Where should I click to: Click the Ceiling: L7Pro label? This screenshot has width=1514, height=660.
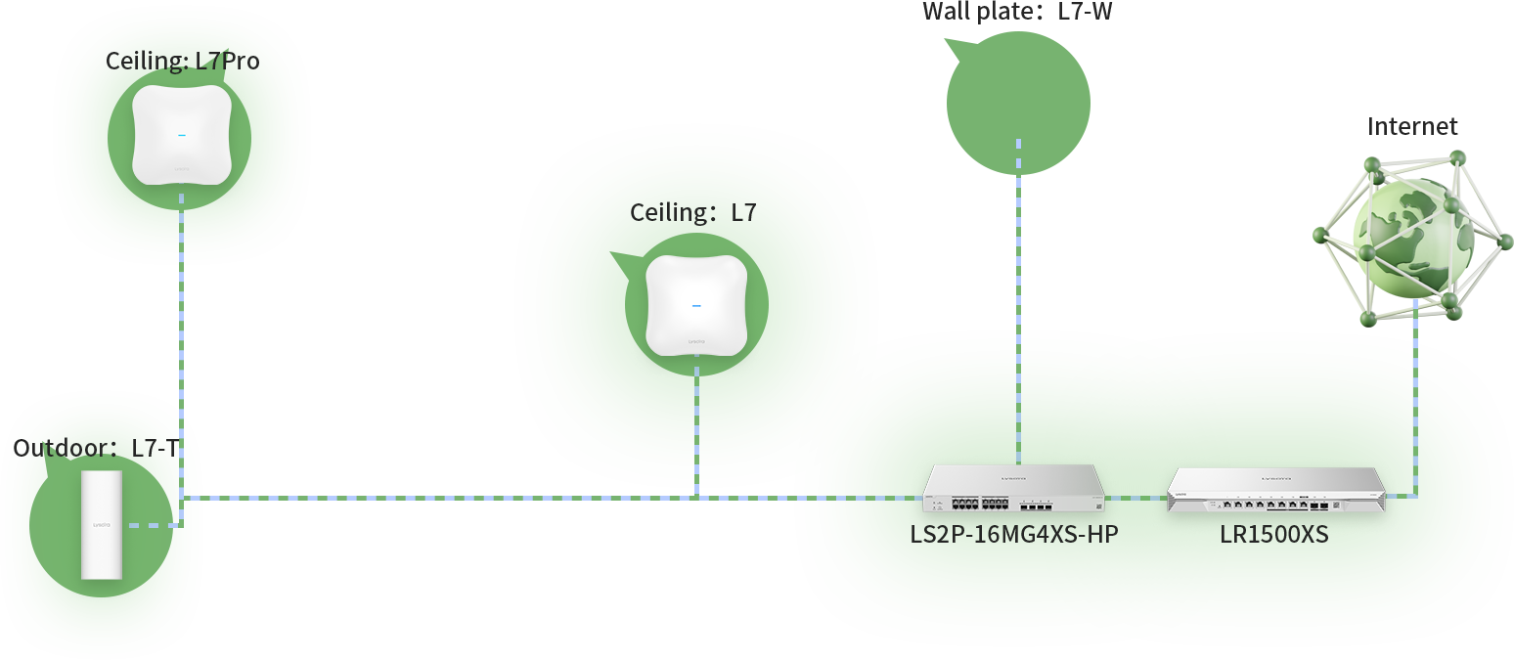click(x=182, y=62)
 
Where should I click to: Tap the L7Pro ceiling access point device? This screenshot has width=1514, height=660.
click(x=182, y=135)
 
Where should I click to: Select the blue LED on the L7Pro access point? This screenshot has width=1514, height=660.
click(x=182, y=135)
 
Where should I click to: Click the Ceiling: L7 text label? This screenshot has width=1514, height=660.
click(x=692, y=212)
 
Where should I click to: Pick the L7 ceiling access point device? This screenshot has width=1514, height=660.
click(x=696, y=305)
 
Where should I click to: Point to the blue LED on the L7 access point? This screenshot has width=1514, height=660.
click(x=696, y=306)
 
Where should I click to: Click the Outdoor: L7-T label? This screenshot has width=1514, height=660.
click(x=96, y=448)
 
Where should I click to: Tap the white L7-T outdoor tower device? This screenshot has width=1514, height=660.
click(x=102, y=525)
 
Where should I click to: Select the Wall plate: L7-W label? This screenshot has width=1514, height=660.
click(x=1017, y=13)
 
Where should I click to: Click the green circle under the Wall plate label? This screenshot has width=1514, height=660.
click(x=1018, y=103)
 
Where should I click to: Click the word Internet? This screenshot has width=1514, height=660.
click(x=1412, y=126)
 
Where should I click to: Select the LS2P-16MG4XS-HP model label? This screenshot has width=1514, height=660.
click(x=1013, y=536)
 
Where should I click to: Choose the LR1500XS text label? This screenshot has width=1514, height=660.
click(x=1273, y=536)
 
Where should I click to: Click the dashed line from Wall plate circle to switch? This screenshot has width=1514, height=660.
click(x=1018, y=323)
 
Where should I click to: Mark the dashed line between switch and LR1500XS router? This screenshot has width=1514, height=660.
click(x=1136, y=497)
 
